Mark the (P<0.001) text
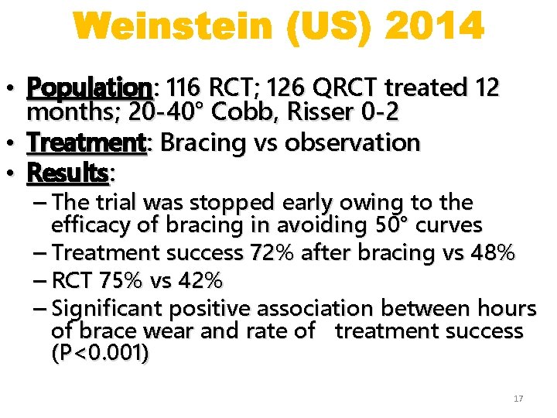pos(101,354)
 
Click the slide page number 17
pos(518,399)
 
